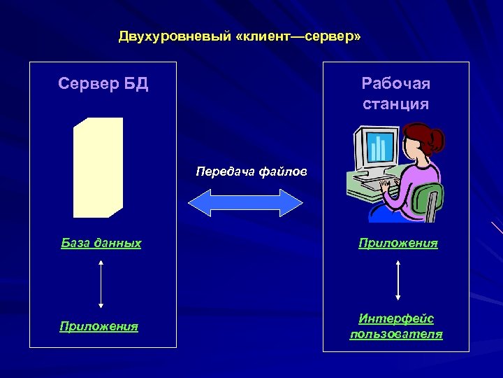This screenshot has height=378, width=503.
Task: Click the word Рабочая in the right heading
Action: click(395, 84)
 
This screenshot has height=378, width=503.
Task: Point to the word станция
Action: click(395, 104)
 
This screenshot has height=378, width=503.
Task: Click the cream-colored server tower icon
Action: click(99, 167)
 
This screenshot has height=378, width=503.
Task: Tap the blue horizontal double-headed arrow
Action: click(246, 202)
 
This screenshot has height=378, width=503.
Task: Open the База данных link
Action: click(101, 244)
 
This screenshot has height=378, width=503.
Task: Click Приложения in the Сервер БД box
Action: click(99, 326)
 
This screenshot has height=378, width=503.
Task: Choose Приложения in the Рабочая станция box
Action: click(398, 244)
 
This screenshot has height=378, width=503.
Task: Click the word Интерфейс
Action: click(396, 318)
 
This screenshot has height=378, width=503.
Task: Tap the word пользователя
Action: click(396, 334)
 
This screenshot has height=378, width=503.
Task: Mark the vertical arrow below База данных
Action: click(101, 284)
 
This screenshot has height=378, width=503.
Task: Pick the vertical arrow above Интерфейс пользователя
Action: click(398, 280)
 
